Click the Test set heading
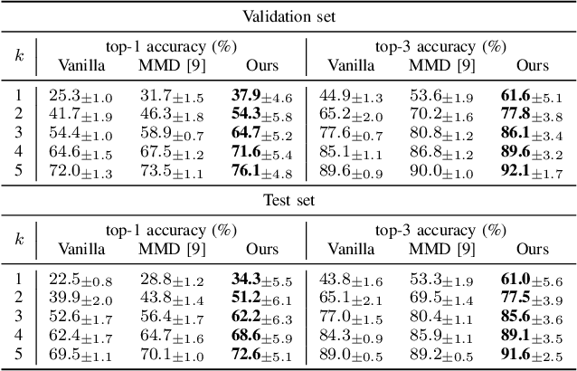[x=288, y=200]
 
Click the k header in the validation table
[x=19, y=54]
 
